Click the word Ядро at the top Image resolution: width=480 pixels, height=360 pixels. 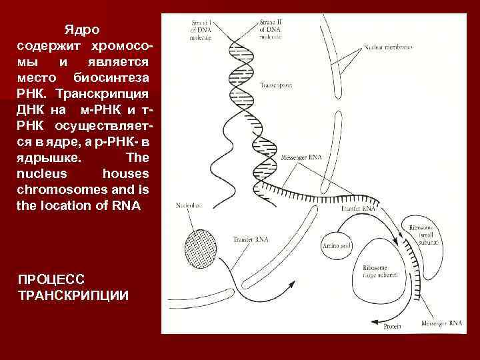point(81,30)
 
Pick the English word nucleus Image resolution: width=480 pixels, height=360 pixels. point(39,173)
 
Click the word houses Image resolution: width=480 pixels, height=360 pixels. point(126,173)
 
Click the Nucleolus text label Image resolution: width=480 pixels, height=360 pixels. point(189,205)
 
